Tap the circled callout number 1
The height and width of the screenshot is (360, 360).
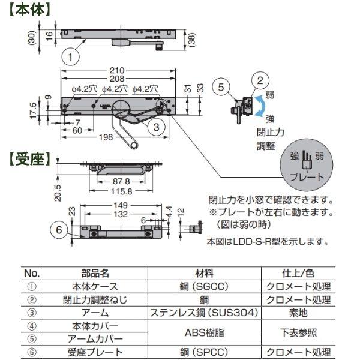pyautogui.click(x=71, y=57)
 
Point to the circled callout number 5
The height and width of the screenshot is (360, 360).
pyautogui.click(x=221, y=87)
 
